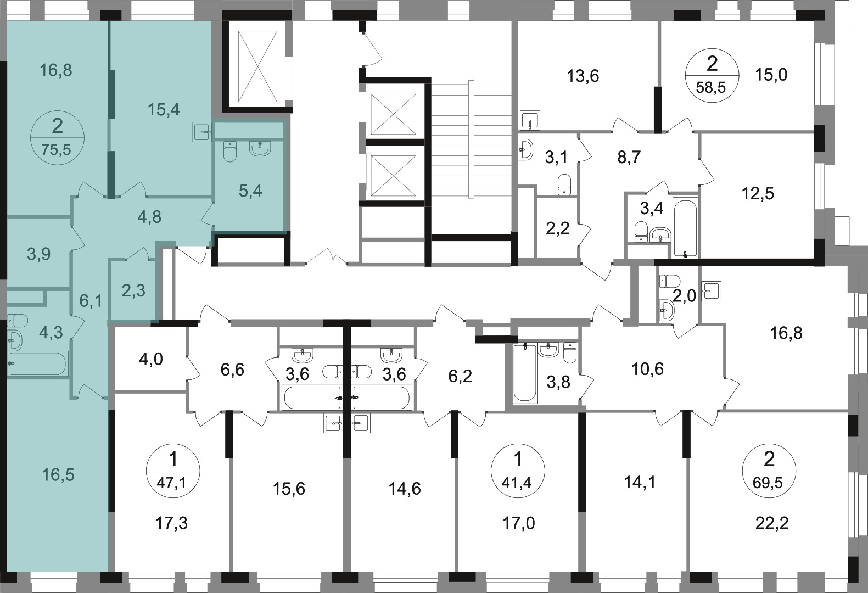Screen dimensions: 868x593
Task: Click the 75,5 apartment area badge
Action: (x=57, y=138)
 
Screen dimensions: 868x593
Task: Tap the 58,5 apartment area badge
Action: (x=712, y=76)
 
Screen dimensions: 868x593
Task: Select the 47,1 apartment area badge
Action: (x=173, y=471)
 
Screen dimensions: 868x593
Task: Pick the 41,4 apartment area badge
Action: (x=518, y=471)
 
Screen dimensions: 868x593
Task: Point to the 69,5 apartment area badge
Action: (x=769, y=471)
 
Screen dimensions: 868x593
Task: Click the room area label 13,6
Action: (x=583, y=76)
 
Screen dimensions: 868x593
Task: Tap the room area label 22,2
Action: (x=772, y=523)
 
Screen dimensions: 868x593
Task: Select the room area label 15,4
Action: (x=164, y=110)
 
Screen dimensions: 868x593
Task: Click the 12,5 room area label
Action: (x=758, y=193)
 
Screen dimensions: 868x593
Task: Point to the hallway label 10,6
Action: (x=647, y=369)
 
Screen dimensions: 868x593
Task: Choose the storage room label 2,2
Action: (x=558, y=228)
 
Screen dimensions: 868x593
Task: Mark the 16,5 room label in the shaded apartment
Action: (x=58, y=475)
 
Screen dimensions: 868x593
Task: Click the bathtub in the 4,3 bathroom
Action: (x=37, y=363)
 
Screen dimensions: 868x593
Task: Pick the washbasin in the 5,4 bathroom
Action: (x=260, y=149)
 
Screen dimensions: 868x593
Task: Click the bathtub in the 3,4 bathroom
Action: (x=685, y=228)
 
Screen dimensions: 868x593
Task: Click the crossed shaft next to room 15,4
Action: (x=257, y=66)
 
